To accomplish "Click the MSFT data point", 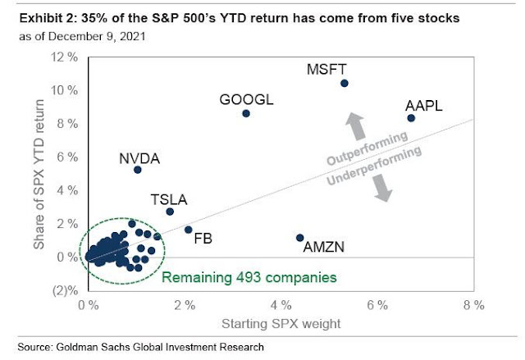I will click(x=345, y=84).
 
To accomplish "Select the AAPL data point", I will click(x=411, y=118).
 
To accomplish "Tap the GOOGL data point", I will click(x=245, y=113).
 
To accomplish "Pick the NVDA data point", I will click(x=137, y=170).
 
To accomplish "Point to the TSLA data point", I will click(x=170, y=212).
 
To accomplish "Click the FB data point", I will click(x=189, y=230).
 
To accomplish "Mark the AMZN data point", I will click(x=299, y=238).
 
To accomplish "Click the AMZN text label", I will click(x=324, y=246).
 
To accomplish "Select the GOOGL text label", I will click(x=246, y=100).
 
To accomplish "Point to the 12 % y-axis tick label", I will click(x=65, y=57).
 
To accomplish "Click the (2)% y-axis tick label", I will click(x=66, y=290).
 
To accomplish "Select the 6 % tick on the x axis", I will click(x=378, y=306).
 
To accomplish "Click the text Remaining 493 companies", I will click(x=249, y=278).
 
